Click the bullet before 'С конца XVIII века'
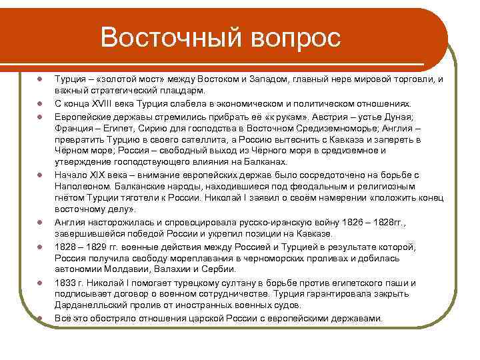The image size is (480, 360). (x=40, y=104)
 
